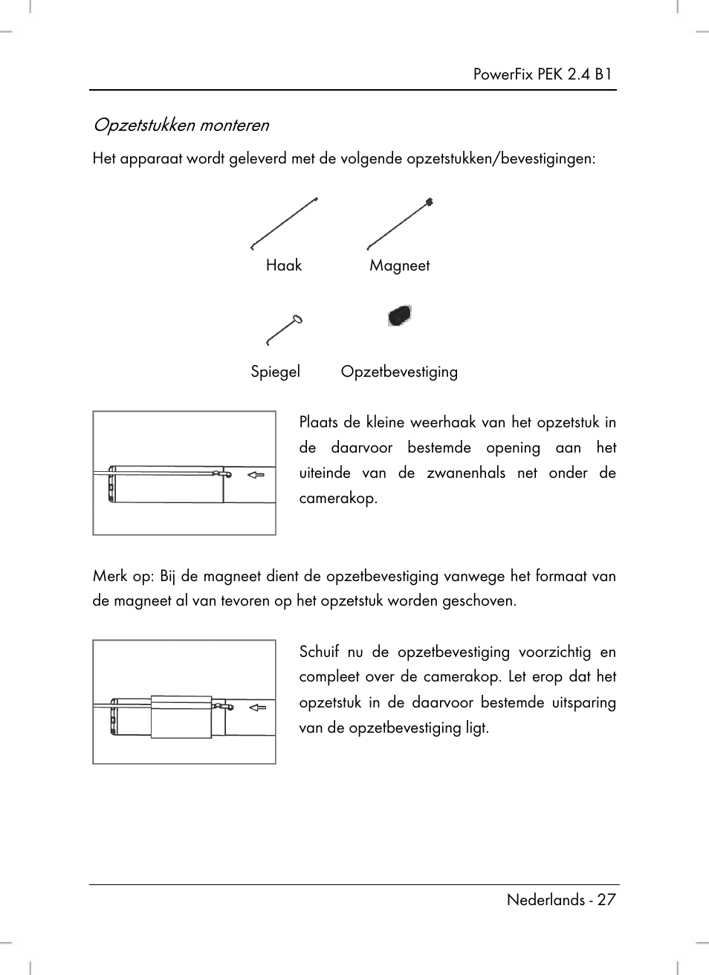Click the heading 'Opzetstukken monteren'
pyautogui.click(x=181, y=125)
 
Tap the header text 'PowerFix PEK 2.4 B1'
pyautogui.click(x=543, y=74)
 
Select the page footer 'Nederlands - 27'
pyautogui.click(x=561, y=899)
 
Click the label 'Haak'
pyautogui.click(x=284, y=265)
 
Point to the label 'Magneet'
pyautogui.click(x=399, y=265)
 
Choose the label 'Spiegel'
pyautogui.click(x=275, y=372)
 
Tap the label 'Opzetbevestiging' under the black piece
pyautogui.click(x=399, y=372)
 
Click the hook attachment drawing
pyautogui.click(x=285, y=223)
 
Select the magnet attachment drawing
pyautogui.click(x=400, y=224)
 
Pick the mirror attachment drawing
pyautogui.click(x=284, y=330)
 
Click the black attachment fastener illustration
pyautogui.click(x=399, y=316)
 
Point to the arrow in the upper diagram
pyautogui.click(x=256, y=474)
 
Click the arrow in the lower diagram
pyautogui.click(x=257, y=707)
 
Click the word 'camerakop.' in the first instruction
pyautogui.click(x=338, y=498)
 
